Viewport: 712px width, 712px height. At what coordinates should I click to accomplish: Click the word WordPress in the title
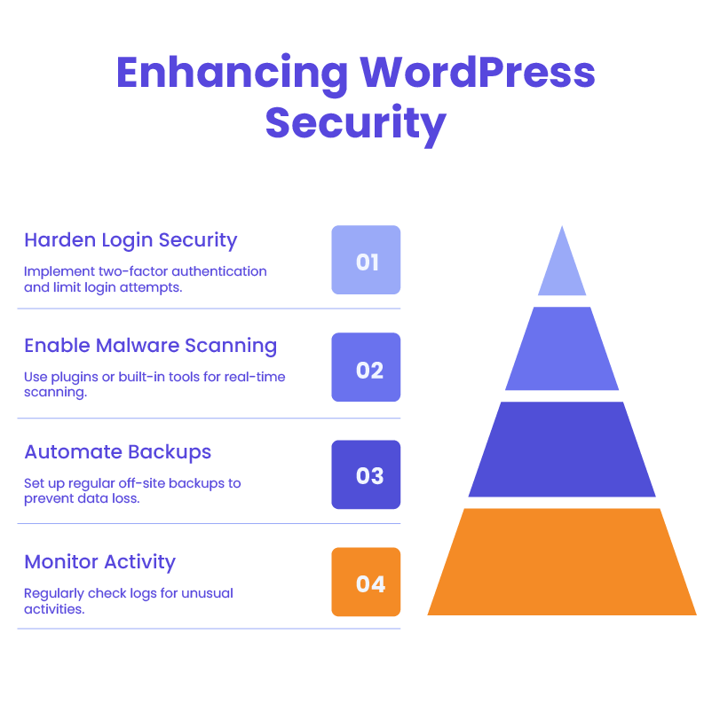pos(478,74)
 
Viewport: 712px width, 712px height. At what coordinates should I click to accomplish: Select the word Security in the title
pos(355,123)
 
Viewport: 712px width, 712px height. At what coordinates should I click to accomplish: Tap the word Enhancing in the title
pos(233,74)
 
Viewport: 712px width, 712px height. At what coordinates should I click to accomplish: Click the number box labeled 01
pos(366,261)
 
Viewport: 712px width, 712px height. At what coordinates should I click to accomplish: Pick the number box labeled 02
pos(366,368)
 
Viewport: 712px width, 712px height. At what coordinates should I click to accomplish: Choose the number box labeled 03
pos(366,475)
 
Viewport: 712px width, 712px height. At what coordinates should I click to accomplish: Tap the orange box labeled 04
pos(366,583)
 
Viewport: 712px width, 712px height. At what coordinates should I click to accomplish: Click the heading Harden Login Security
pos(131,239)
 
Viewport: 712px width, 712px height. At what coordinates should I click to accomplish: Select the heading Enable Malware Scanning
pos(150,345)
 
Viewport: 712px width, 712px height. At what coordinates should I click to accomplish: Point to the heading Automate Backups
pos(117,452)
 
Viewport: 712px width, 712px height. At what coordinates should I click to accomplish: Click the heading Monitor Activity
pos(99,562)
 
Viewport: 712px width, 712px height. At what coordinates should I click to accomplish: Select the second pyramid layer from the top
pos(562,349)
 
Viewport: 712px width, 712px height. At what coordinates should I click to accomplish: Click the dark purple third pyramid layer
pos(562,450)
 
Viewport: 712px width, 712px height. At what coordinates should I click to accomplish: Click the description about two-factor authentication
pos(145,278)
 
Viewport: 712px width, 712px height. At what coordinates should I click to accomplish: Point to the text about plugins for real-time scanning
pos(154,385)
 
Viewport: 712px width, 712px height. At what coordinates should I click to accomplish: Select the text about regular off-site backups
pos(132,490)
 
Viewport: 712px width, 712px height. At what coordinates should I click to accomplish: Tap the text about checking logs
pos(128,601)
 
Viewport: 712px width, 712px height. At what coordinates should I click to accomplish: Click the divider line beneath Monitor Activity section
pos(209,629)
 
